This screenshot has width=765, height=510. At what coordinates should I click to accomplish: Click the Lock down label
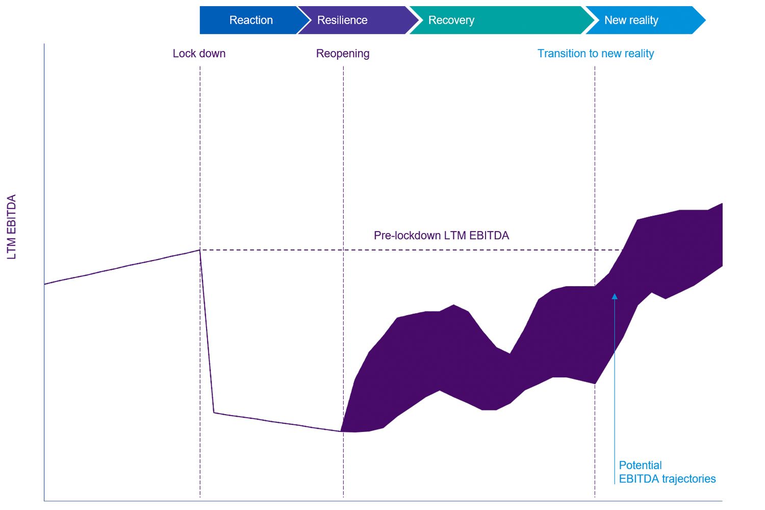point(199,54)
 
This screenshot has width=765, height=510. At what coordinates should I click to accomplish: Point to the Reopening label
point(343,54)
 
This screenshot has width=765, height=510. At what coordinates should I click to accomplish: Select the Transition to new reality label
point(595,54)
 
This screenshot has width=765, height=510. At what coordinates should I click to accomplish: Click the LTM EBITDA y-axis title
point(12,227)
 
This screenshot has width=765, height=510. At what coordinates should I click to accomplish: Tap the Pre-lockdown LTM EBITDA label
point(441,236)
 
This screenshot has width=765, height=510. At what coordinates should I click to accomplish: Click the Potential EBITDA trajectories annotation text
point(667,472)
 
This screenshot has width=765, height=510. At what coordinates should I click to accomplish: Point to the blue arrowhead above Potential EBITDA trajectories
point(615,296)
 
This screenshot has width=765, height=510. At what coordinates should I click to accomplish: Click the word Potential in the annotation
point(640,465)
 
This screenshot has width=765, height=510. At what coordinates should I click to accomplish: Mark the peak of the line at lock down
point(199,250)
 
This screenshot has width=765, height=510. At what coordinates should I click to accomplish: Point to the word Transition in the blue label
point(560,54)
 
